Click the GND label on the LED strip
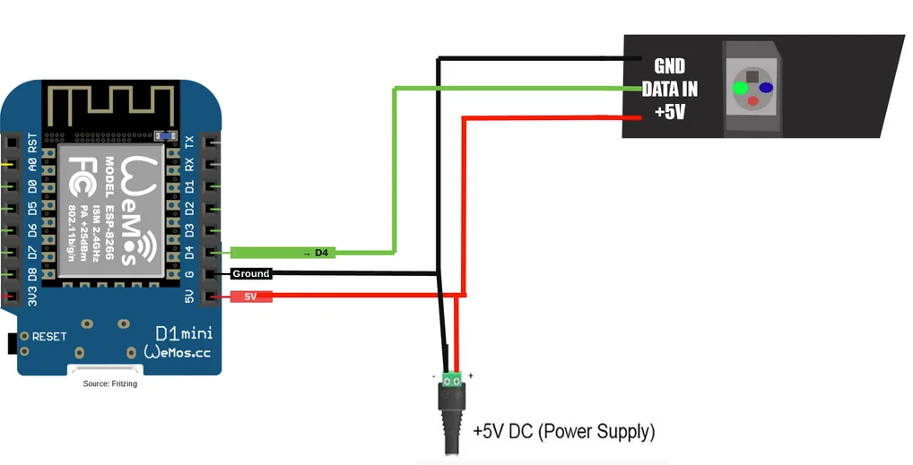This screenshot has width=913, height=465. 669,66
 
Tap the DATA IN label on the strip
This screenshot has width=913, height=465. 669,90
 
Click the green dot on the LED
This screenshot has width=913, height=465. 740,89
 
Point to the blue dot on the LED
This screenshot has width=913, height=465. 767,88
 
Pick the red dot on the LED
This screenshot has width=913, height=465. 753,101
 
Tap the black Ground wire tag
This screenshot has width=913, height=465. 250,274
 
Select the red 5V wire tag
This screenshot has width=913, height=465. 251,296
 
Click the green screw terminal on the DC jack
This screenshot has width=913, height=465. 452,377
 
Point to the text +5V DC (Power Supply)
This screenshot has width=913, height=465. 564,432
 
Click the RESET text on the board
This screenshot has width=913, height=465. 49,337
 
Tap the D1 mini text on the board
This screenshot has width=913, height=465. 184,334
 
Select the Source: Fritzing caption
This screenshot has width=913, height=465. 109,383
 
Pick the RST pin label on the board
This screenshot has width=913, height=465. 33,142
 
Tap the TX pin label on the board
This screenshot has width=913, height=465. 189,142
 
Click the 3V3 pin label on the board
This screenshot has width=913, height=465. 33,297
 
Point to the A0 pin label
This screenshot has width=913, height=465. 33,166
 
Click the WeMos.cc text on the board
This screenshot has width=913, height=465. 178,353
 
